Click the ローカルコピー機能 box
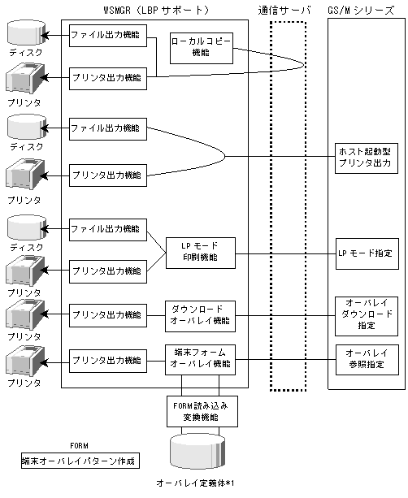tap(202, 48)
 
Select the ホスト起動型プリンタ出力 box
tap(367, 158)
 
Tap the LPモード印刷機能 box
tap(201, 253)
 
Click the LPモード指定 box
tap(367, 253)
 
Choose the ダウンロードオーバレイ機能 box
tap(200, 316)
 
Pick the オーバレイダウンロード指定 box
tap(367, 316)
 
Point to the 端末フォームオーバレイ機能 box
tap(200, 360)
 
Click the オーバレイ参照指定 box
tap(367, 360)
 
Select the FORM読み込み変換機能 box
tap(202, 411)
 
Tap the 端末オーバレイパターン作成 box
tap(80, 461)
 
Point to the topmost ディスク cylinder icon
tap(27, 32)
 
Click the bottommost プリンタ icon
tap(25, 362)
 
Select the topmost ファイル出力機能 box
tap(108, 36)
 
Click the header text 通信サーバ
tap(284, 11)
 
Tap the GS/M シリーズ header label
tap(361, 11)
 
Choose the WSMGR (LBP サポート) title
tap(156, 11)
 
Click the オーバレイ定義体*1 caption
tap(195, 483)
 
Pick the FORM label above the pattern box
tap(79, 445)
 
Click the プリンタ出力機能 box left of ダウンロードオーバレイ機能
tap(108, 315)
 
